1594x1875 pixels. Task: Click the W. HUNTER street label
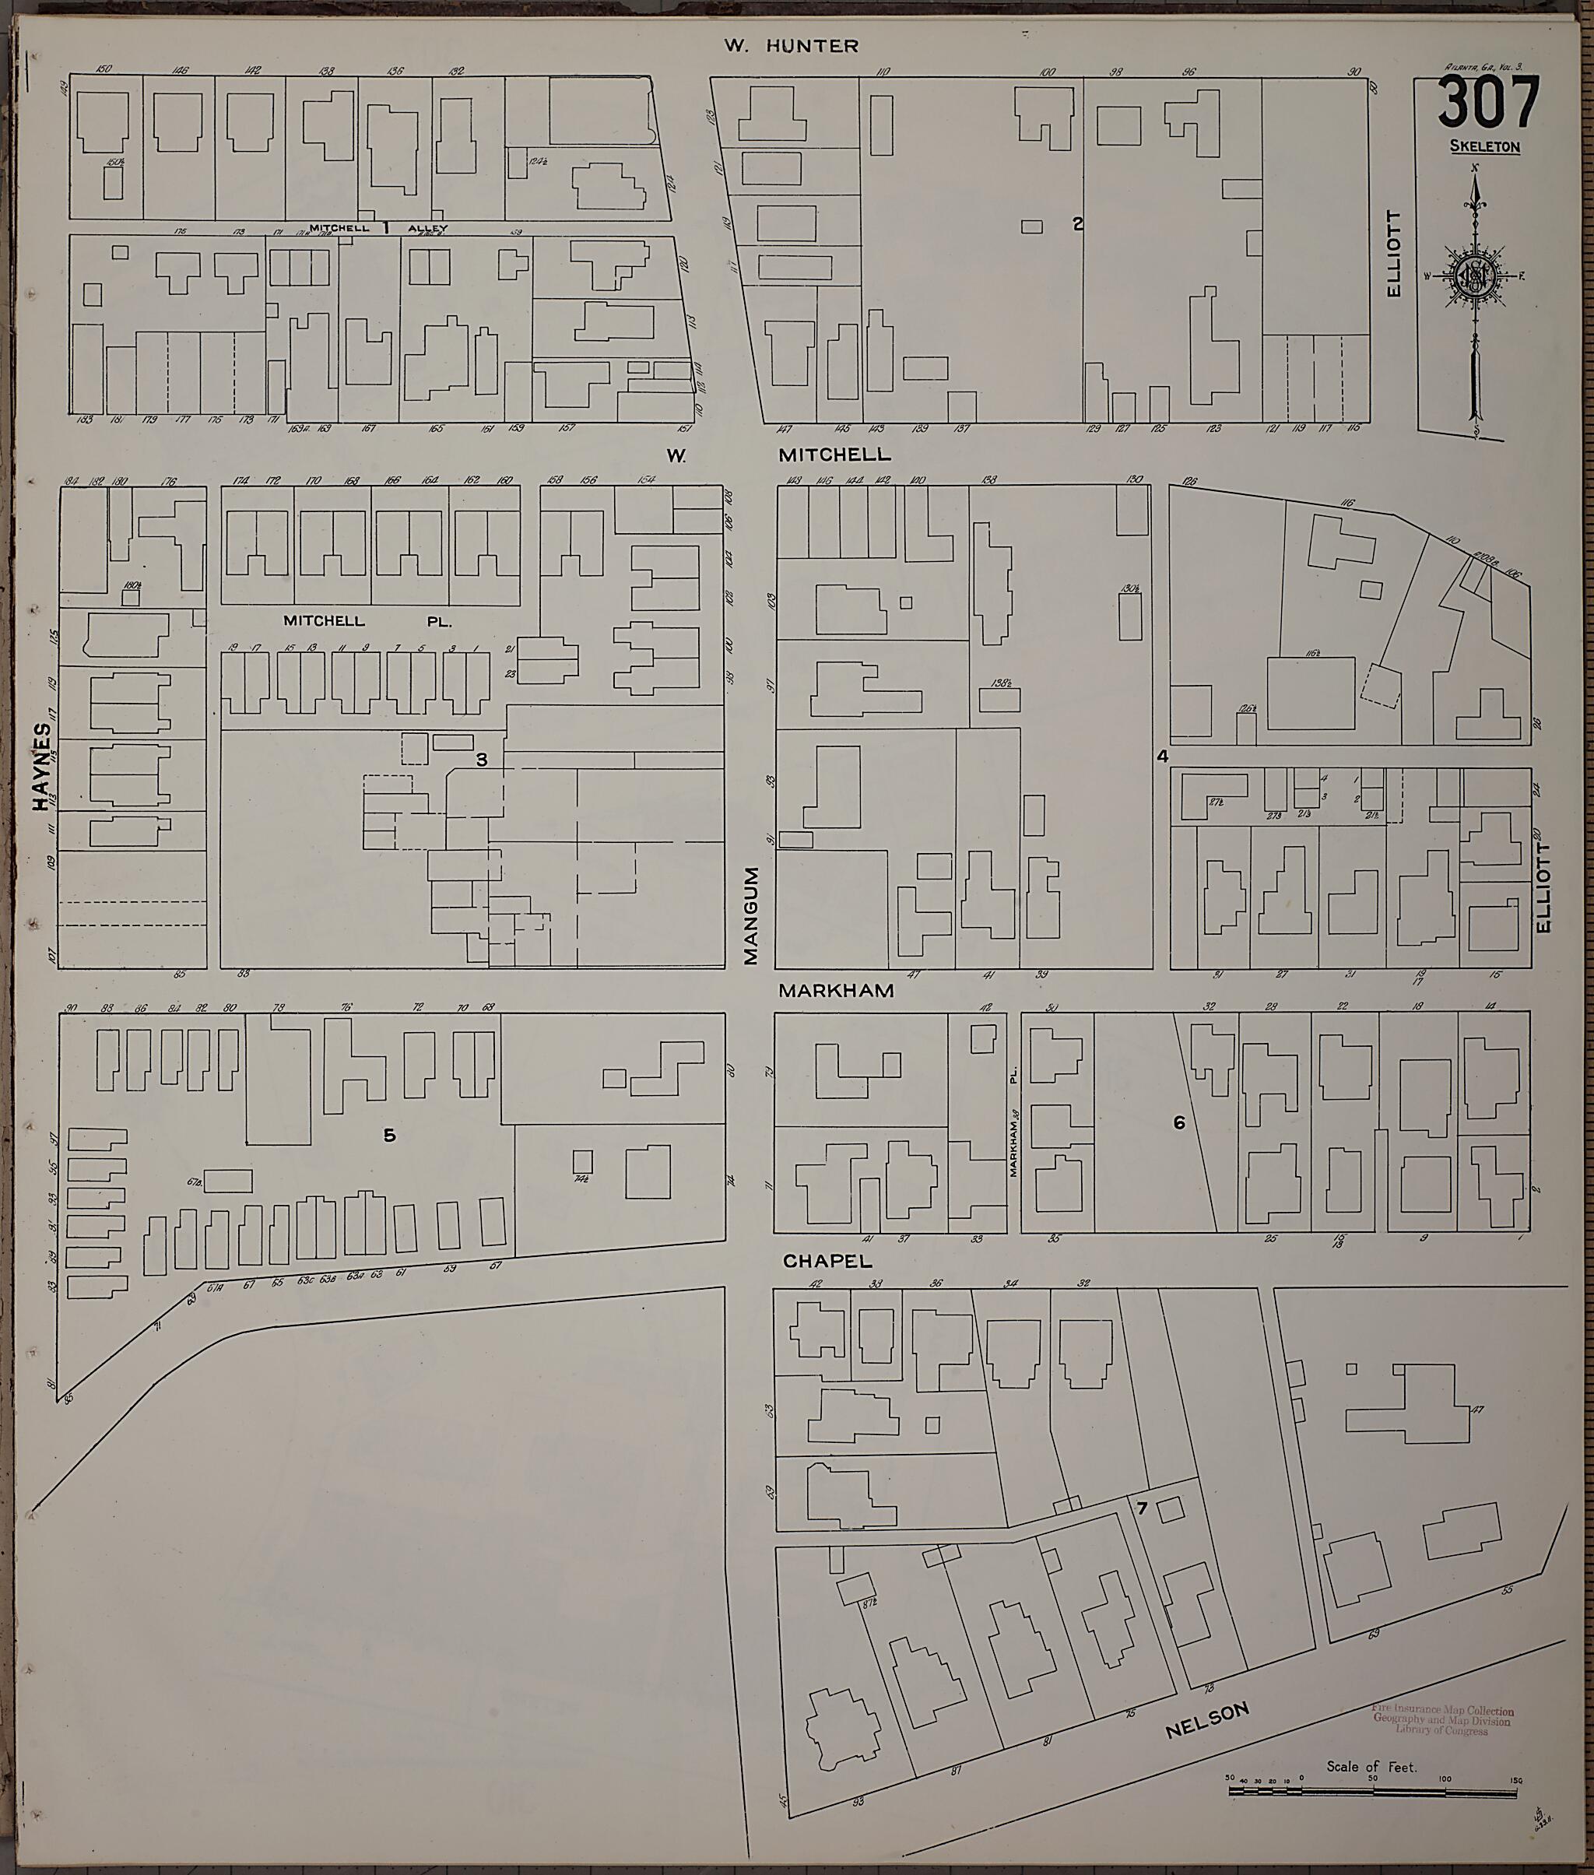coord(792,46)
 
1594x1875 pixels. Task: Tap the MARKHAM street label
coord(836,990)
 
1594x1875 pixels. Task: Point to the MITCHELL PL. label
coord(366,621)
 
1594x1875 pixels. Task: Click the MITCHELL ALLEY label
coord(377,229)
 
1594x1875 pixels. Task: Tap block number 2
coord(1077,224)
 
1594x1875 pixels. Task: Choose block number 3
coord(482,760)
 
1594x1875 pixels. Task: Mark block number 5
coord(388,1136)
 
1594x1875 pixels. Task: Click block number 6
coord(1178,1123)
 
